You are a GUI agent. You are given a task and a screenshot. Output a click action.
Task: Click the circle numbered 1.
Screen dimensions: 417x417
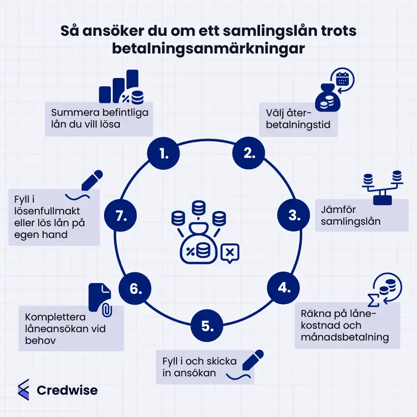tap(163, 154)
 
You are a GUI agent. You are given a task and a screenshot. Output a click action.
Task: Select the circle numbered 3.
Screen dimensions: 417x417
tap(294, 215)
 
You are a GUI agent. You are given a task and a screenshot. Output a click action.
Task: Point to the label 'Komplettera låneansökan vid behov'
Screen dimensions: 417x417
tap(72, 328)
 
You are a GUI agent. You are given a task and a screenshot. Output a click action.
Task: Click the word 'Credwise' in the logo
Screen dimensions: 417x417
tap(67, 391)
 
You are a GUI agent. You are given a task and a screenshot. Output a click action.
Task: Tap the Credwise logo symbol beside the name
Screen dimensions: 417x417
tap(23, 390)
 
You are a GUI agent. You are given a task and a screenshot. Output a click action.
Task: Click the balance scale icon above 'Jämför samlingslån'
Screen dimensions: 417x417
tap(382, 186)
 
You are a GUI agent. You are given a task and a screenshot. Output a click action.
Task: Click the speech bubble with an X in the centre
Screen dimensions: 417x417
tap(230, 253)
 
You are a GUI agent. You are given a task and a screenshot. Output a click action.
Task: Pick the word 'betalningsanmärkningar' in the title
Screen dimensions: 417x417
tap(208, 49)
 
